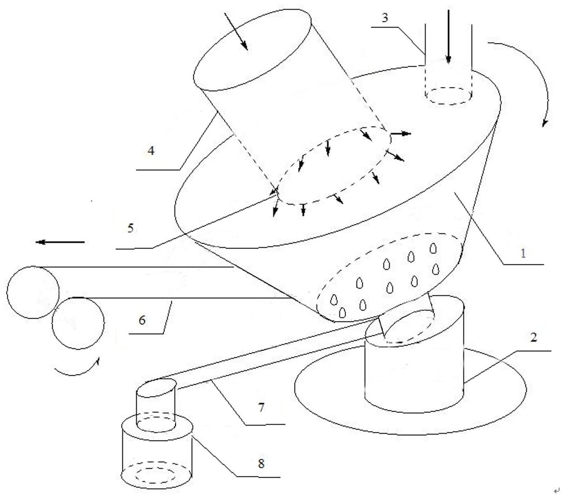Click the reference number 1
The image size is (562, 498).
coord(523,253)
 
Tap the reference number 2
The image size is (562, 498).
coord(533,338)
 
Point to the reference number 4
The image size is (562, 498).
coord(151,151)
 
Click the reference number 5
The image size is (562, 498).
coord(130,228)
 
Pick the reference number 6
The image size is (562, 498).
coord(142,320)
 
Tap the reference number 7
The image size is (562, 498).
coord(261,407)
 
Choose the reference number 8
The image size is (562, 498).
coord(261,463)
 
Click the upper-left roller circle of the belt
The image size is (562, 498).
coord(33,292)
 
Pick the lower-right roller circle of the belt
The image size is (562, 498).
coord(78,323)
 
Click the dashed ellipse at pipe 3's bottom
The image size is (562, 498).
coord(449,95)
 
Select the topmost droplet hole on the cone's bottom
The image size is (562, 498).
coord(433,248)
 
